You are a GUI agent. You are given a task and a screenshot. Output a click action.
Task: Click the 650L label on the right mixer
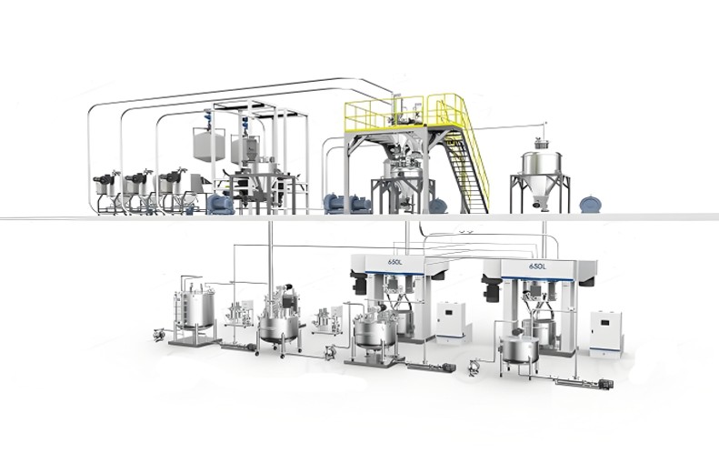pos(537,267)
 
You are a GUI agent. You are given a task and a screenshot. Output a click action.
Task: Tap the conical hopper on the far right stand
pos(542,179)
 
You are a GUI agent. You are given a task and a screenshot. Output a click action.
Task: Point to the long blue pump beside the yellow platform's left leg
pos(347,204)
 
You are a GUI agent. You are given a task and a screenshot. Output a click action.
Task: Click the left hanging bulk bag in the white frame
pos(209,144)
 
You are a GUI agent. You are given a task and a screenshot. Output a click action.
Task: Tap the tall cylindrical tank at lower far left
pos(195,312)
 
